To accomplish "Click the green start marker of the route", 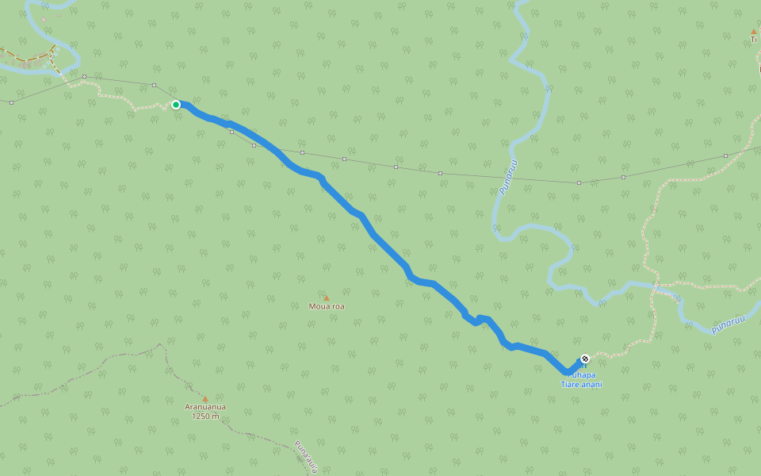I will (x=176, y=105).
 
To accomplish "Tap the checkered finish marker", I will (x=585, y=359).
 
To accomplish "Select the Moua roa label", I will (x=327, y=306).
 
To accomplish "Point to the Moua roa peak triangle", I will (x=326, y=298).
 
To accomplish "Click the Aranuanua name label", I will (x=205, y=407).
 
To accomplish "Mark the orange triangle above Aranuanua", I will (x=205, y=399).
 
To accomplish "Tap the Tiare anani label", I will (x=582, y=385).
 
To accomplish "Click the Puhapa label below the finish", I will (x=582, y=375).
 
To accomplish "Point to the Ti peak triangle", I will (x=753, y=32).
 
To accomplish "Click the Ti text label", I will (x=753, y=40).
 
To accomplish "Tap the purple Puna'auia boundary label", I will (x=306, y=456).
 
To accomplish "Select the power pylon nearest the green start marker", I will (x=154, y=85).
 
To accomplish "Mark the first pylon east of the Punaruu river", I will (x=579, y=182).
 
